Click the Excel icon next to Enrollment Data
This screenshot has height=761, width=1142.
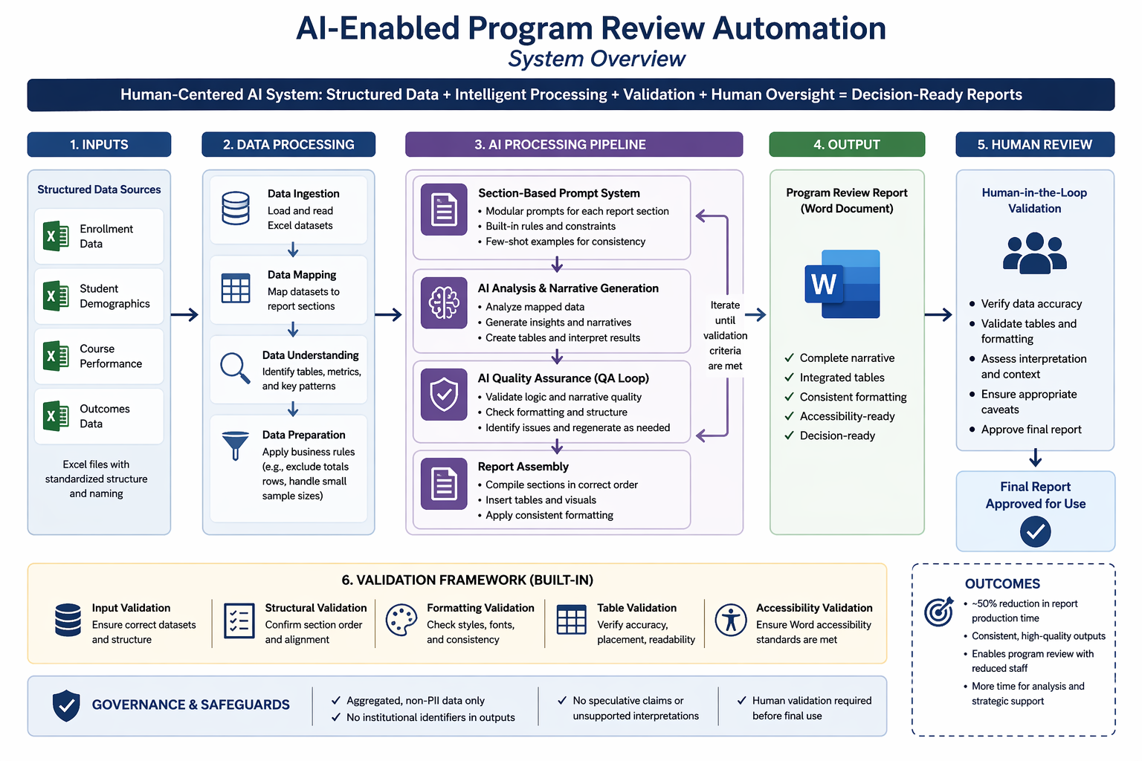[56, 236]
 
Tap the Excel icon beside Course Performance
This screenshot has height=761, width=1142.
[56, 356]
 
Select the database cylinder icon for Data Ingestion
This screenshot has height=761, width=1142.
[236, 208]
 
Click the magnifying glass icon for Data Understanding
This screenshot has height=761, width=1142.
[235, 368]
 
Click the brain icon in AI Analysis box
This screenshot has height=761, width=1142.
[444, 302]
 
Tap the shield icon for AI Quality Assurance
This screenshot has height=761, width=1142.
[444, 394]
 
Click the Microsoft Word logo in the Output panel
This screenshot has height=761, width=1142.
[842, 285]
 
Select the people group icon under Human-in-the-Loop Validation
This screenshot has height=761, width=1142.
[1034, 253]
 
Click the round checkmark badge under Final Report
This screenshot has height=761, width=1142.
[1035, 531]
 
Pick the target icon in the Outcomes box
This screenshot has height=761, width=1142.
[938, 612]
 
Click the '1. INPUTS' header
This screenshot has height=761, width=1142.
[99, 144]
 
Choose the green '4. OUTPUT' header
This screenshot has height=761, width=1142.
[847, 144]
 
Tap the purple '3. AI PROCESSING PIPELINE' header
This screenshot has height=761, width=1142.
[573, 144]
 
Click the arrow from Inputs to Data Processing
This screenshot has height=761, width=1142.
[185, 314]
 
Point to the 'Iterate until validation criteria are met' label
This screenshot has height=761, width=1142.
[725, 335]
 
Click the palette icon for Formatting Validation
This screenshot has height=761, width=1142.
[401, 621]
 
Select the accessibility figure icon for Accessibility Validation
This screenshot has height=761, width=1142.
[731, 620]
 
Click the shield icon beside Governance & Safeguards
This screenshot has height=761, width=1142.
[66, 705]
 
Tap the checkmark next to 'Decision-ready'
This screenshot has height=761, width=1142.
[789, 435]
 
